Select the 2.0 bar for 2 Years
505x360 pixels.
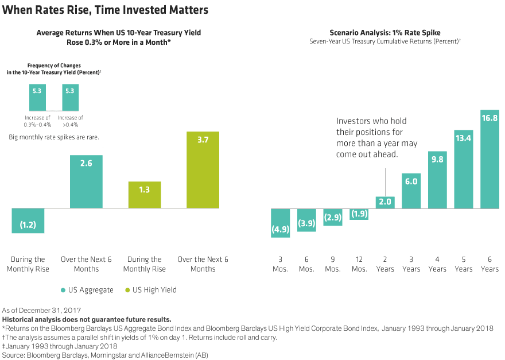point(385,202)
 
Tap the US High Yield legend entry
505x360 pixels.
point(150,290)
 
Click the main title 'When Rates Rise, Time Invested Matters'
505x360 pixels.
point(105,10)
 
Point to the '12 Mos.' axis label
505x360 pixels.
point(359,264)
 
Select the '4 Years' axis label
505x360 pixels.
point(437,264)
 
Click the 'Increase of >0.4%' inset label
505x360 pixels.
point(69,121)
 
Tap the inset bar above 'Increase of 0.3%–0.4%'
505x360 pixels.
point(38,97)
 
